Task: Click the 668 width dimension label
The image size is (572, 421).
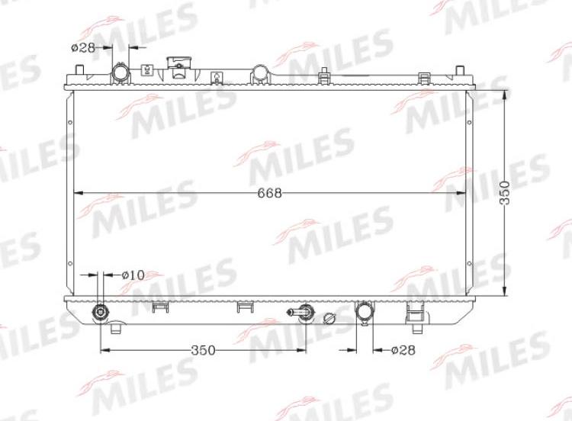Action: (269, 193)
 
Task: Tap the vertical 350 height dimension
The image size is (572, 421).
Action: (505, 193)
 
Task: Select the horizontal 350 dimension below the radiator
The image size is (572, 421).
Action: (203, 350)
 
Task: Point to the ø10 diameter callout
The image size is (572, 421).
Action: (133, 275)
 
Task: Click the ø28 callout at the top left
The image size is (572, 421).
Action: (83, 47)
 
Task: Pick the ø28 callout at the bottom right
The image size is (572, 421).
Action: (403, 350)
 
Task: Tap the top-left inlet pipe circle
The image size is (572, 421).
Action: (121, 72)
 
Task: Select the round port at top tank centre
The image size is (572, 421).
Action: (260, 73)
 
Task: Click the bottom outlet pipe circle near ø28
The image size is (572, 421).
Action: (364, 311)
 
